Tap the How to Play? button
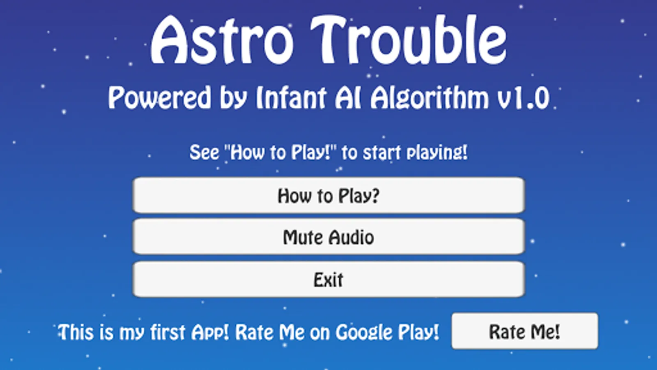[328, 195]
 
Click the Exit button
[328, 279]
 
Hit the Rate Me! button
[525, 331]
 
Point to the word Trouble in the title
[409, 39]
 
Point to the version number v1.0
[523, 98]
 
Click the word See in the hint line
[204, 153]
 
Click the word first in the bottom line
[168, 332]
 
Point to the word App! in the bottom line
[210, 333]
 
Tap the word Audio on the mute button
[351, 237]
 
